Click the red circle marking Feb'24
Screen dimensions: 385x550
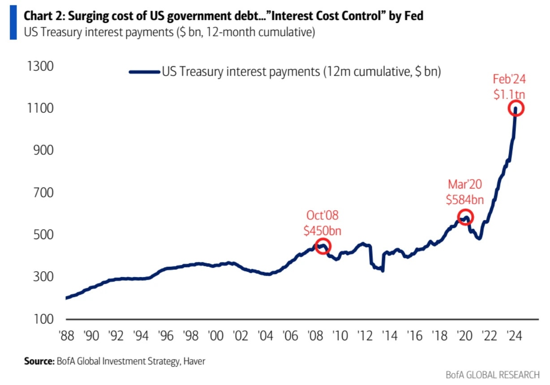(x=516, y=109)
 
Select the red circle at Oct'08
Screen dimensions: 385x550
(x=323, y=246)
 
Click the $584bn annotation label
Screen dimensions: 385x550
(x=465, y=200)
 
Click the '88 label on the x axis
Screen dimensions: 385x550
(x=67, y=336)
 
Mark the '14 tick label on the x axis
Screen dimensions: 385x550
(x=391, y=336)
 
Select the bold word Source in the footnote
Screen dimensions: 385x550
(x=39, y=361)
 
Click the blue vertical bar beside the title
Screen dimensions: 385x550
(x=13, y=23)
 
